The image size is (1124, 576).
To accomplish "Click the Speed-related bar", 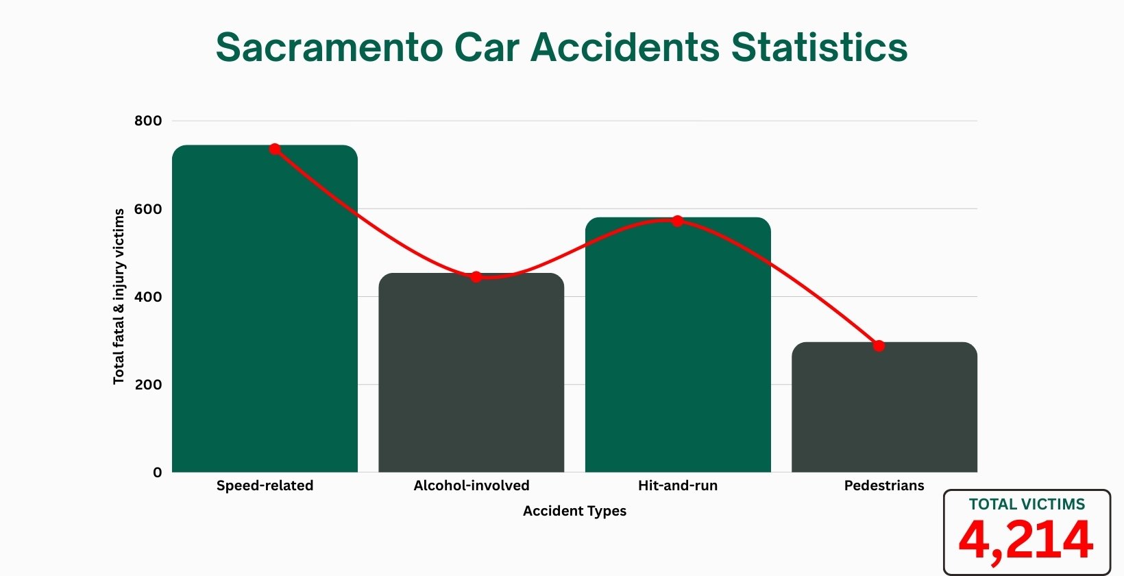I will pyautogui.click(x=265, y=309).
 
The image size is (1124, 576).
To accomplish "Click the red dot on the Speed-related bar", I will pyautogui.click(x=275, y=149).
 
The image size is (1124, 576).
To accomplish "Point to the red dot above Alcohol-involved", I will pyautogui.click(x=476, y=277).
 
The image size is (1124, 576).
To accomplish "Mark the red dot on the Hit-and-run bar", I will pyautogui.click(x=677, y=221).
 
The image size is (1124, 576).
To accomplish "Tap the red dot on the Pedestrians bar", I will pyautogui.click(x=879, y=346).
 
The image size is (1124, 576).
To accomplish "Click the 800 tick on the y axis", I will pyautogui.click(x=148, y=121).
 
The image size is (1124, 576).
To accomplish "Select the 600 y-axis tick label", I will pyautogui.click(x=148, y=209).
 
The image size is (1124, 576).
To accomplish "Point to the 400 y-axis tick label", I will pyautogui.click(x=148, y=297).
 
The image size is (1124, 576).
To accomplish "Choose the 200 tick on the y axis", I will pyautogui.click(x=148, y=385).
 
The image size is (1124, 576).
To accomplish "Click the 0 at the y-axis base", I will pyautogui.click(x=158, y=472).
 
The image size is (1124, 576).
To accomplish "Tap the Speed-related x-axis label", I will pyautogui.click(x=265, y=485).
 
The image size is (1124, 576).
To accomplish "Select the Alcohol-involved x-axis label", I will pyautogui.click(x=472, y=485).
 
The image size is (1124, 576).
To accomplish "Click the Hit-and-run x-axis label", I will pyautogui.click(x=678, y=485).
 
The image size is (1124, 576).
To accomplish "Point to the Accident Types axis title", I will pyautogui.click(x=574, y=511).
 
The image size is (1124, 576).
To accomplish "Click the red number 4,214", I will pyautogui.click(x=1026, y=540).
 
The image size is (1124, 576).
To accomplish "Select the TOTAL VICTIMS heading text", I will pyautogui.click(x=1027, y=505).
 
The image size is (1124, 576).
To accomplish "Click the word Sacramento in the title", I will pyautogui.click(x=329, y=47).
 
